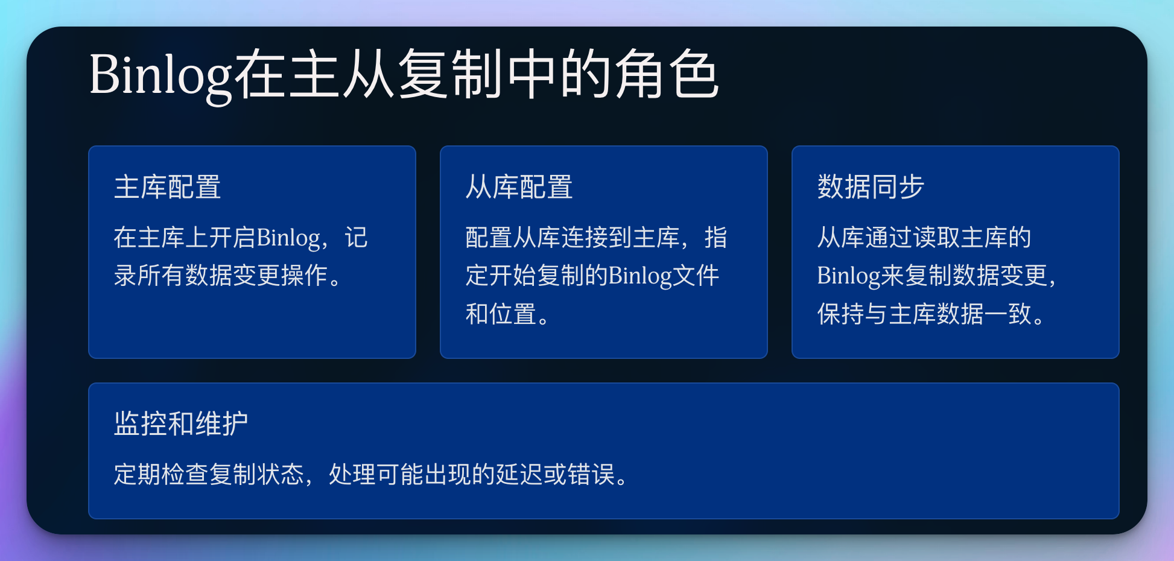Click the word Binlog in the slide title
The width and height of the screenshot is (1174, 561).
click(160, 75)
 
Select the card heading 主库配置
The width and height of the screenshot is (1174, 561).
click(167, 187)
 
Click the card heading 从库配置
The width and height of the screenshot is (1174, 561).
click(519, 187)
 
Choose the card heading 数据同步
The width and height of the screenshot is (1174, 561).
click(871, 187)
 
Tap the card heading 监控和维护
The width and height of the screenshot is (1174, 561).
click(181, 423)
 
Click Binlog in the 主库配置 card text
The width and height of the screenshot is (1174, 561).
click(288, 238)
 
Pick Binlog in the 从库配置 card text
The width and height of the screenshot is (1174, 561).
click(640, 276)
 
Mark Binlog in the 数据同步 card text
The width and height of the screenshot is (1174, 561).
click(848, 276)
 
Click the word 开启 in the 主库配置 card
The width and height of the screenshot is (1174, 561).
click(232, 238)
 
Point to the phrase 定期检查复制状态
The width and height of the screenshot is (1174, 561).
click(209, 475)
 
